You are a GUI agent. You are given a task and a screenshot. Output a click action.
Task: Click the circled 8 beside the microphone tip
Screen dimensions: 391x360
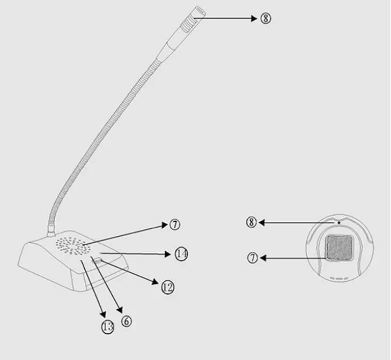(x=266, y=18)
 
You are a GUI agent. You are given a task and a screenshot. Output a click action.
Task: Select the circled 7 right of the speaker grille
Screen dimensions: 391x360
(x=175, y=224)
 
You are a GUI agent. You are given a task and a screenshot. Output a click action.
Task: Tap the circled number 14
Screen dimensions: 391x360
(x=181, y=254)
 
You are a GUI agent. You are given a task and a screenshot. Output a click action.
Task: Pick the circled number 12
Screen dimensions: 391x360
(x=167, y=287)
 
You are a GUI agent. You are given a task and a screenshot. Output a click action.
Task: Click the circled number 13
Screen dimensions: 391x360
(x=108, y=327)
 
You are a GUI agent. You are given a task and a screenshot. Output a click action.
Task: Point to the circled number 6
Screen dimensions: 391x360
(x=127, y=321)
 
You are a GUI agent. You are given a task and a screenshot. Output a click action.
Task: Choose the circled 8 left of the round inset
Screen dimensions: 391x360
(x=252, y=222)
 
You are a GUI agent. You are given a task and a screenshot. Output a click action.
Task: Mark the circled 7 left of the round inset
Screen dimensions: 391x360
(x=253, y=258)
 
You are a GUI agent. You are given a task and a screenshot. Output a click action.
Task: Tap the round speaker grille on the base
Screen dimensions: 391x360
(x=72, y=246)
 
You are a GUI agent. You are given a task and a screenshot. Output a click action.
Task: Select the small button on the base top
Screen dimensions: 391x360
(x=98, y=261)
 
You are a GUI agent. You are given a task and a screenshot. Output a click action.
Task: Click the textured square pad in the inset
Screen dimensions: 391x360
(x=339, y=247)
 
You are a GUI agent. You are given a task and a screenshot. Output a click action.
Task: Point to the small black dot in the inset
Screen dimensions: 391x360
(x=338, y=222)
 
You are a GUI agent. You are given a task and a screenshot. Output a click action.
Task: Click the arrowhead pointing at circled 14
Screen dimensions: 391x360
(x=168, y=254)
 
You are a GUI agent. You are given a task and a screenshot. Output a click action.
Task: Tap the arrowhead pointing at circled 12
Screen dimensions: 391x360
(x=155, y=282)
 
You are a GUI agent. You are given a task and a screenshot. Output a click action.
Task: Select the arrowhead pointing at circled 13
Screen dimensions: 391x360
(x=103, y=314)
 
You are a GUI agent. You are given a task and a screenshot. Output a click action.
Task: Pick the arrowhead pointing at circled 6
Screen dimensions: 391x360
(x=120, y=310)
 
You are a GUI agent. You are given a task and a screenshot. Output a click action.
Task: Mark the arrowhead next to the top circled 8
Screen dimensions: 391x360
(x=254, y=18)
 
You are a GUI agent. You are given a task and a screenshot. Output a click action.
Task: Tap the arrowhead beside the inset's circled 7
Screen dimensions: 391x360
(x=263, y=258)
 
